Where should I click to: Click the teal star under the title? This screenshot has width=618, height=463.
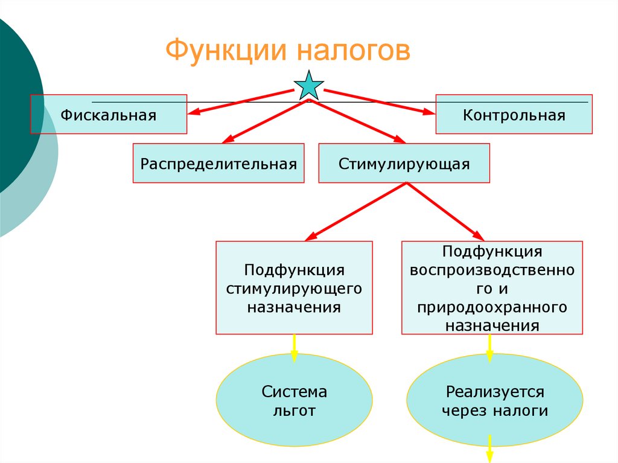pyautogui.click(x=309, y=85)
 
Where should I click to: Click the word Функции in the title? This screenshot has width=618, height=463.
pyautogui.click(x=226, y=51)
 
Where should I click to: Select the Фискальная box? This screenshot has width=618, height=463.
pyautogui.click(x=109, y=114)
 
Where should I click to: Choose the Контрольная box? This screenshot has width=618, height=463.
pyautogui.click(x=514, y=114)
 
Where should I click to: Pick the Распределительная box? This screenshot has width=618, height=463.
pyautogui.click(x=218, y=163)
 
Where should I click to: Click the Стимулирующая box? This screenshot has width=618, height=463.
pyautogui.click(x=404, y=163)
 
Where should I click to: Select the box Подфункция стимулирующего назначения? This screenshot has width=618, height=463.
pyautogui.click(x=294, y=287)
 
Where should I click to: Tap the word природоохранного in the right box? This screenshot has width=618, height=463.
pyautogui.click(x=492, y=307)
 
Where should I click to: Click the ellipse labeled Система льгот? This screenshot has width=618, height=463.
pyautogui.click(x=294, y=400)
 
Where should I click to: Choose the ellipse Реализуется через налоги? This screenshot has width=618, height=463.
pyautogui.click(x=495, y=400)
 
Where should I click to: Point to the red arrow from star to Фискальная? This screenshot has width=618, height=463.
pyautogui.click(x=241, y=102)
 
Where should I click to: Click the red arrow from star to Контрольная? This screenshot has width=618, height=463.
pyautogui.click(x=379, y=102)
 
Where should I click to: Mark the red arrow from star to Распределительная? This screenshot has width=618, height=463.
pyautogui.click(x=266, y=121)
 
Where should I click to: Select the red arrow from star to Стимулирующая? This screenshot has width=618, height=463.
pyautogui.click(x=357, y=121)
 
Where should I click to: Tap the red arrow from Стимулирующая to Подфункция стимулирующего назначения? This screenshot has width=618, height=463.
pyautogui.click(x=356, y=211)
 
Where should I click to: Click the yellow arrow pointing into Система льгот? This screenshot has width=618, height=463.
pyautogui.click(x=294, y=348)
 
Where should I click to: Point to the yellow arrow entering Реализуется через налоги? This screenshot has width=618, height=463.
pyautogui.click(x=490, y=348)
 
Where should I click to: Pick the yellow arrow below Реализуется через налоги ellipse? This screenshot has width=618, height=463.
pyautogui.click(x=490, y=449)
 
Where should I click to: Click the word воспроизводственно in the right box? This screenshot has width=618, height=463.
pyautogui.click(x=492, y=270)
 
